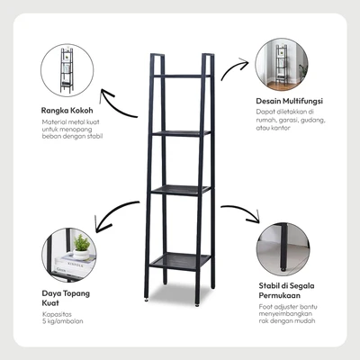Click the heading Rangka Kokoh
click(67, 111)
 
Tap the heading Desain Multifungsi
click(289, 101)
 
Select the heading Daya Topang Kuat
click(66, 298)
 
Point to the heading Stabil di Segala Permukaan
click(286, 291)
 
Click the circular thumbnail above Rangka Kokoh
click(67, 70)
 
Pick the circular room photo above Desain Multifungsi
click(282, 65)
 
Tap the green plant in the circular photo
click(82, 243)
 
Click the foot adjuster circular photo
click(283, 249)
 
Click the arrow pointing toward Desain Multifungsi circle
click(233, 66)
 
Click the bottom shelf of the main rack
click(180, 261)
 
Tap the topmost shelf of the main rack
click(182, 76)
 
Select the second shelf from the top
click(181, 133)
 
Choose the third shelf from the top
click(181, 190)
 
